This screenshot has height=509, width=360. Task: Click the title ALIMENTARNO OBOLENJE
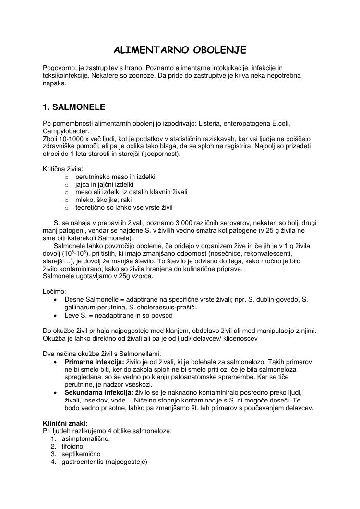180,50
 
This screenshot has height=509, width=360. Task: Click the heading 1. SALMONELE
74,107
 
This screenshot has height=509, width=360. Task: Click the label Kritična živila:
63,169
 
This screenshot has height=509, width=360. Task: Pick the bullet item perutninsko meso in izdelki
115,177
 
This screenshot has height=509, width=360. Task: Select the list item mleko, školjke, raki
101,200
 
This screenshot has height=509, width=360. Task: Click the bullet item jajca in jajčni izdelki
104,184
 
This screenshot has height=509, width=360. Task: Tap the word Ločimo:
55,291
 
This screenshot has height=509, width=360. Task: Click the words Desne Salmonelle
93,299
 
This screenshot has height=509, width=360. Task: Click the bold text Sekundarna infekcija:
99,392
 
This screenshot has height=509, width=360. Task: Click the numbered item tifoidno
73,446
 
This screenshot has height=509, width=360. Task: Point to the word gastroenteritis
82,462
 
